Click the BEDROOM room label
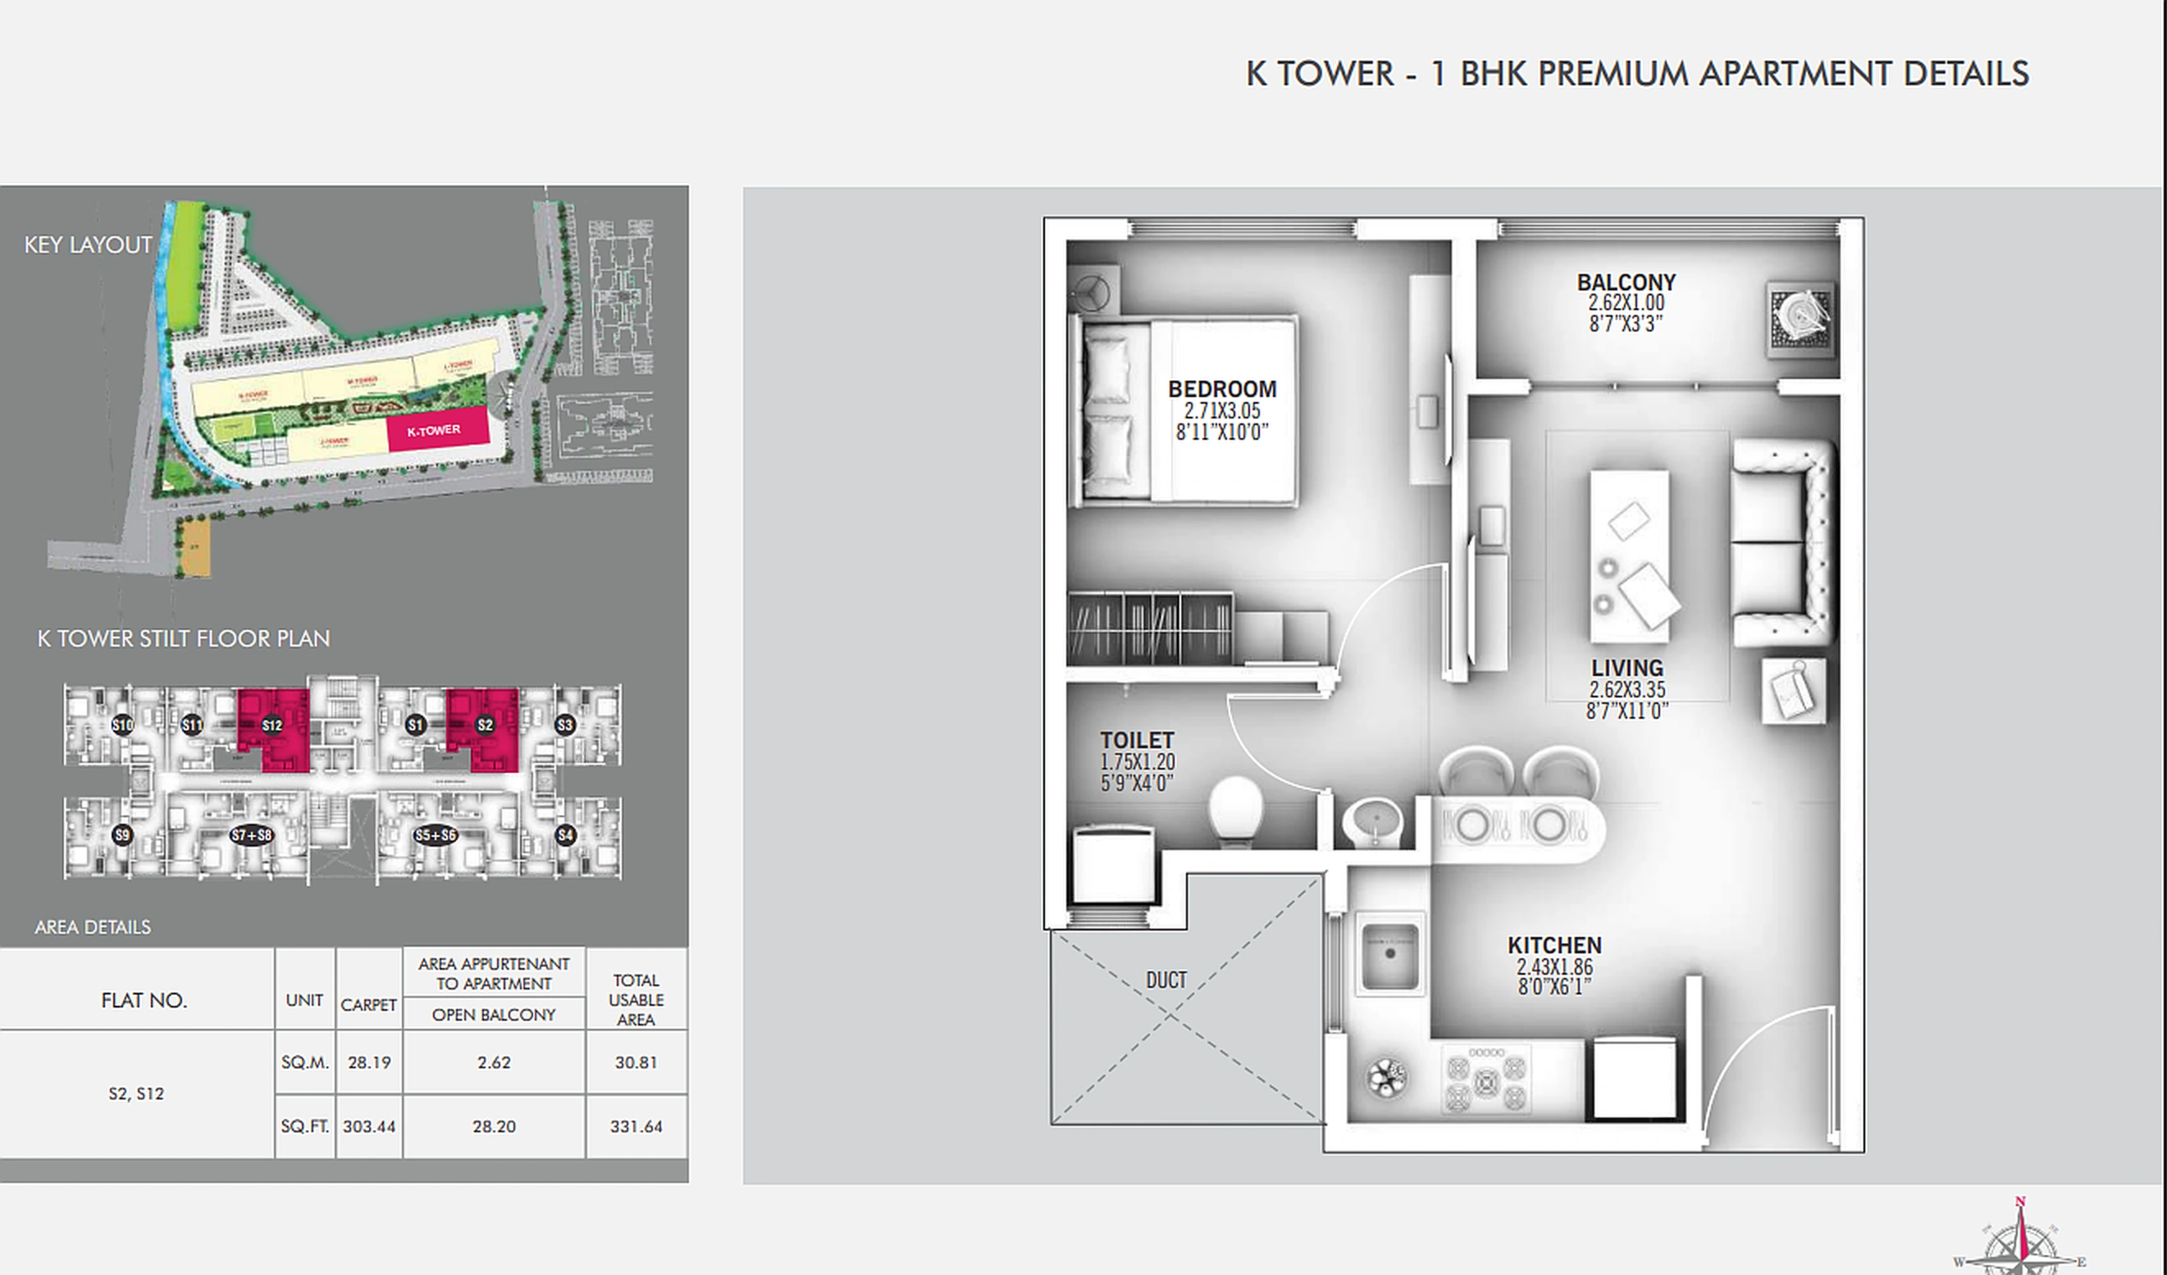coord(1221,389)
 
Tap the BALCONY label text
coord(1626,282)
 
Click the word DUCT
coord(1166,980)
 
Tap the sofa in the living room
coord(1780,542)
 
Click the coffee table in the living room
coord(1629,555)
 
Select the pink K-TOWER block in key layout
coord(437,430)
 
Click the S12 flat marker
coord(271,725)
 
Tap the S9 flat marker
coord(122,834)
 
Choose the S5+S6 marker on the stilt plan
coord(435,834)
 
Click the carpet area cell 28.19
coord(369,1062)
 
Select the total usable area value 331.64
coord(636,1126)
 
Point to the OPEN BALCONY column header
coord(494,1015)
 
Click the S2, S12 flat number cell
coord(136,1094)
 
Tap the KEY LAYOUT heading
coord(88,245)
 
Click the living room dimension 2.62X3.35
coord(1627,690)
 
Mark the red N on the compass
coord(2020,1201)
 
